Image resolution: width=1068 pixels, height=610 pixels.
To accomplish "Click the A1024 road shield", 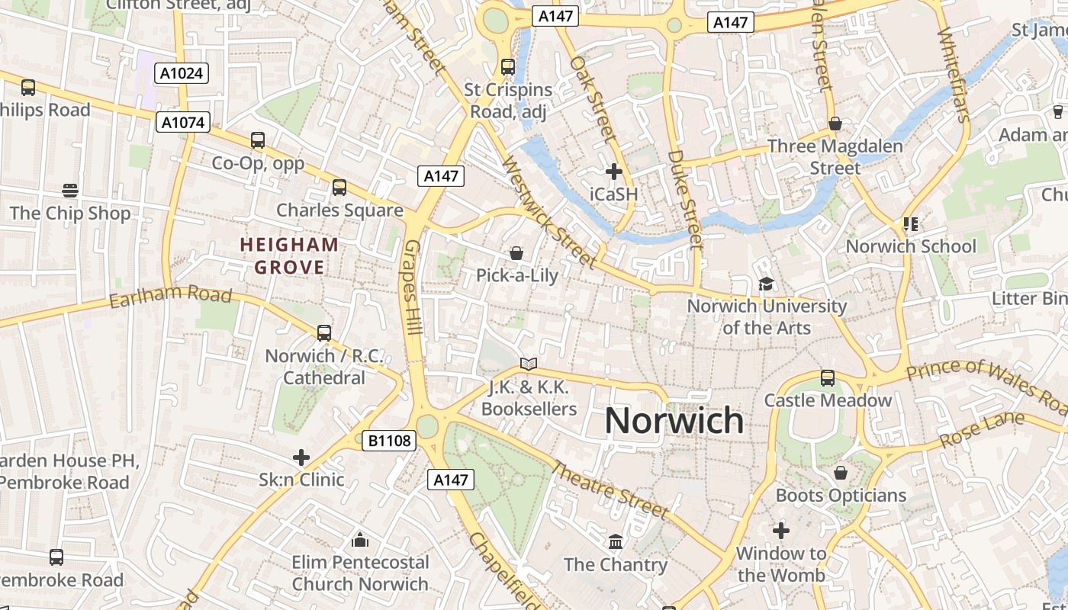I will tap(182, 73).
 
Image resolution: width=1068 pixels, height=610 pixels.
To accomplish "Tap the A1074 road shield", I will tap(183, 122).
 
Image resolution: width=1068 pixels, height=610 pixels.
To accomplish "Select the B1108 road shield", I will tap(388, 440).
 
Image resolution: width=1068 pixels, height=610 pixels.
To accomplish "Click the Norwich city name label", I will tap(674, 420).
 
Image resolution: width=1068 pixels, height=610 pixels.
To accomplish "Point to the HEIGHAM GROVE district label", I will tap(289, 256).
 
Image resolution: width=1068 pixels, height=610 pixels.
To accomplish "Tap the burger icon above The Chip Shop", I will tap(70, 190).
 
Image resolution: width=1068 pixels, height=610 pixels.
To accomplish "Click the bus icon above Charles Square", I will tap(339, 187).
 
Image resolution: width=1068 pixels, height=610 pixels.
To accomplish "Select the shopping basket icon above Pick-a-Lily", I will tap(516, 252).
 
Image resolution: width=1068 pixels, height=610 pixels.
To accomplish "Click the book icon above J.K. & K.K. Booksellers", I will tap(529, 364).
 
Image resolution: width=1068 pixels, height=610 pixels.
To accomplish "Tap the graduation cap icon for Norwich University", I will tap(765, 284).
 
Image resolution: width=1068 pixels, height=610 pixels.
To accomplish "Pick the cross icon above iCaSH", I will tap(614, 172).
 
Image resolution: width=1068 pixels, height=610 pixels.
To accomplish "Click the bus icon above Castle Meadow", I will tap(828, 377).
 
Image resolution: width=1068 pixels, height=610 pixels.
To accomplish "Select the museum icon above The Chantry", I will tap(616, 541).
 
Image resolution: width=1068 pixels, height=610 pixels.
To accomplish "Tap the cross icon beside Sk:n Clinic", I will tap(301, 457).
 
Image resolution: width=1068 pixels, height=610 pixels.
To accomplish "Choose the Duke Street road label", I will tap(684, 200).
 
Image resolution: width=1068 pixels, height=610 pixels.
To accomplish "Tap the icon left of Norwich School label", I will tap(910, 223).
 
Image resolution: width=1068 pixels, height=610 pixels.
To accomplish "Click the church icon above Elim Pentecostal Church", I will tap(360, 541).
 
